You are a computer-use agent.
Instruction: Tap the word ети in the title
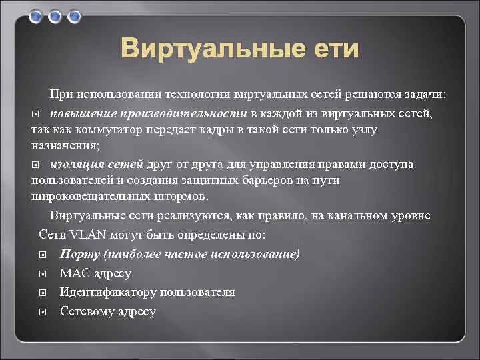click(333, 49)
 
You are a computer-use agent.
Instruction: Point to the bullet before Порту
click(42, 255)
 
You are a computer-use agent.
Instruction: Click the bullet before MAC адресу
click(42, 274)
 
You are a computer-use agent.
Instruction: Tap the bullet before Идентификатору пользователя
click(42, 293)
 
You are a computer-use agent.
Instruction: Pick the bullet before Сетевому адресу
click(42, 312)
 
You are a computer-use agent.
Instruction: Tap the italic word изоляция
click(77, 164)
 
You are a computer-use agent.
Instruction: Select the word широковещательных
click(85, 197)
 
